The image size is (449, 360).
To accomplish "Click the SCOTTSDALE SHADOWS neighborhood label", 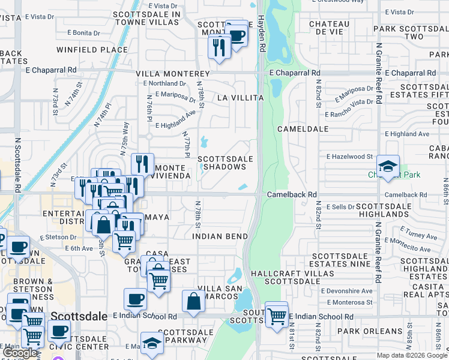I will (x=226, y=163).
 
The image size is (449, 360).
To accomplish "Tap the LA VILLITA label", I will (x=240, y=97).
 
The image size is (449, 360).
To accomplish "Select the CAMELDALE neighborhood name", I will (x=303, y=129).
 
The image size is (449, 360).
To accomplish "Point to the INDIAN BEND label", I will (x=220, y=236).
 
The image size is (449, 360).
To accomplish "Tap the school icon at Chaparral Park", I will (x=388, y=166).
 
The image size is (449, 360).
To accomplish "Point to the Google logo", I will (x=20, y=353).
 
